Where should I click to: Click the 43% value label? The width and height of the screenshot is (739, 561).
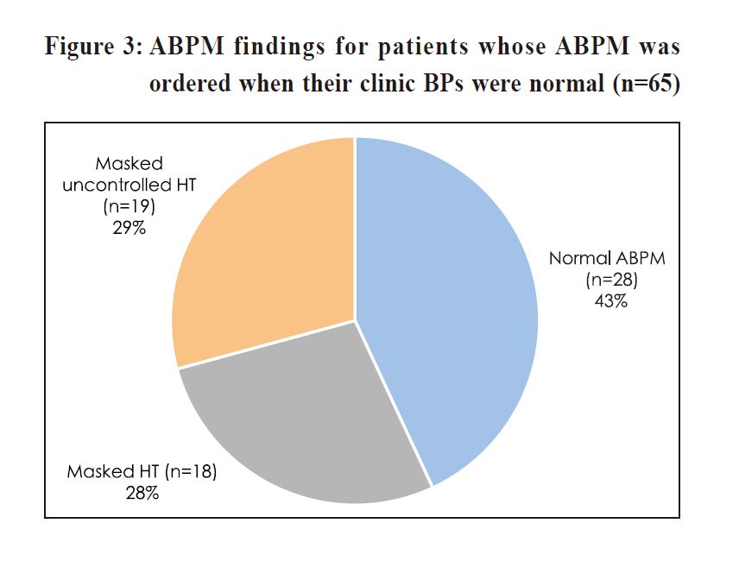pos(611,300)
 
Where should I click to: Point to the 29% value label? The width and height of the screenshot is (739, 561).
pos(129,228)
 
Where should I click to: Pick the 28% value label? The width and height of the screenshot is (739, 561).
pos(142,493)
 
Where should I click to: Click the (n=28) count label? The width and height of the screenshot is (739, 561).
pos(611,280)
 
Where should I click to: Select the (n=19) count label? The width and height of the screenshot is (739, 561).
pos(129,206)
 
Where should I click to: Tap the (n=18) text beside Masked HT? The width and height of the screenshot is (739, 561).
pos(191,471)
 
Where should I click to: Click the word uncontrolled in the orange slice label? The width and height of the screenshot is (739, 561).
pos(117,185)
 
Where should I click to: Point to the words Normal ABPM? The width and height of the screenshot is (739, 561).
pos(607,258)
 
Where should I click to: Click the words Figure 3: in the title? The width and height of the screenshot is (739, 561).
pos(93,47)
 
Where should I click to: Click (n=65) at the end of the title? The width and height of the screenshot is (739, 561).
pos(647,85)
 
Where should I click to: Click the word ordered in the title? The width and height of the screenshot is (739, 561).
pos(191,84)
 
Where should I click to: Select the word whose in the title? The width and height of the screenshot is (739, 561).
pos(512,47)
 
